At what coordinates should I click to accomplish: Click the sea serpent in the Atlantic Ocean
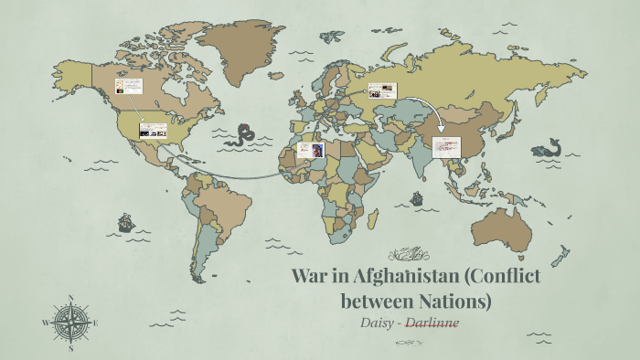[x=242, y=135]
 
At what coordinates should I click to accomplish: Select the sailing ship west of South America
[x=125, y=222]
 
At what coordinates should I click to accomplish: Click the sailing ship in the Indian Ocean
[x=417, y=197]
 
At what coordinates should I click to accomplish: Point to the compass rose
[x=70, y=323]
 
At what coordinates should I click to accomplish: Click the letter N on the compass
[x=70, y=297]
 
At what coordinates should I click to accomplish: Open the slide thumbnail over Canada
[x=128, y=89]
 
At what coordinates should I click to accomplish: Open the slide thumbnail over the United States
[x=152, y=131]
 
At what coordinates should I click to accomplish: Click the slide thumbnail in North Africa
[x=308, y=149]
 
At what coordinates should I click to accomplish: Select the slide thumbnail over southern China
[x=446, y=146]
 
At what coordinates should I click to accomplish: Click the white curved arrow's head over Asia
[x=440, y=130]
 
